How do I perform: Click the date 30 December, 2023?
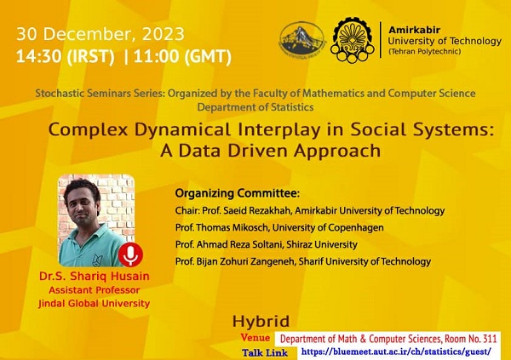click(100, 34)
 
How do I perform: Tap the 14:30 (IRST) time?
click(66, 56)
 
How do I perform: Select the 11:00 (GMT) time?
click(182, 56)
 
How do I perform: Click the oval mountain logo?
click(302, 40)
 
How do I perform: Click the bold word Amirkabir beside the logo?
click(414, 30)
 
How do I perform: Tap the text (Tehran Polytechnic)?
click(424, 51)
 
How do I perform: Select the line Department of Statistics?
click(255, 107)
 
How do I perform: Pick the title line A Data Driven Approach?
click(271, 151)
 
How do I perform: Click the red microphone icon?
click(130, 254)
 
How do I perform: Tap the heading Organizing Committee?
click(238, 193)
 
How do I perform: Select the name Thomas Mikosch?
click(233, 227)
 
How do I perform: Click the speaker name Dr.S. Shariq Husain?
click(95, 277)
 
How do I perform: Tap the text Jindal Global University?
click(95, 303)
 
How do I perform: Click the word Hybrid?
click(261, 322)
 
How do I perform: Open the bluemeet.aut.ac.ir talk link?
click(396, 352)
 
